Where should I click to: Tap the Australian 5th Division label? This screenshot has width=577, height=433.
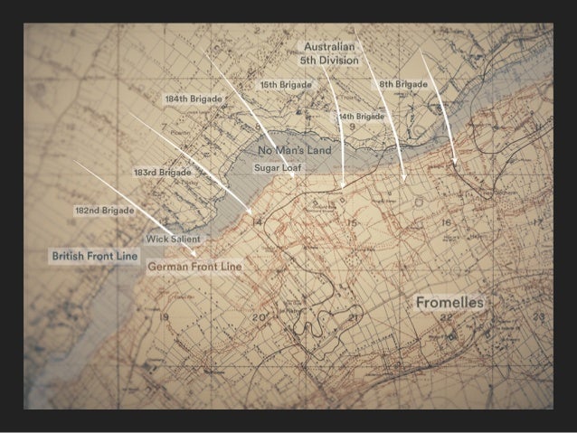(x=329, y=52)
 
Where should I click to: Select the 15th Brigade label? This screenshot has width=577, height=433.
(x=286, y=85)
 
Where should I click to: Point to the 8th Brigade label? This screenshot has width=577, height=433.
(x=402, y=84)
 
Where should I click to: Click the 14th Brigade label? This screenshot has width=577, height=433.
(x=361, y=117)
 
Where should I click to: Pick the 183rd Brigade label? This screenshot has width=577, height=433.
(x=162, y=172)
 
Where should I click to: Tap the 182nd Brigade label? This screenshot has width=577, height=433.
(x=104, y=211)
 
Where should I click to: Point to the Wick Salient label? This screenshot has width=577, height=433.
(x=173, y=239)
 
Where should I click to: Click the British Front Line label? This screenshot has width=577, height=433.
(x=94, y=257)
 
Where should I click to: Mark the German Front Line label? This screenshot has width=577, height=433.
(x=194, y=268)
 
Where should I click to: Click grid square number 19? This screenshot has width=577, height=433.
(x=164, y=317)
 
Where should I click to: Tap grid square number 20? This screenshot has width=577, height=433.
(x=258, y=317)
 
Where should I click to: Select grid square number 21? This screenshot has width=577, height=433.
(x=355, y=317)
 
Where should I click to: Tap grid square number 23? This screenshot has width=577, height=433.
(x=539, y=316)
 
